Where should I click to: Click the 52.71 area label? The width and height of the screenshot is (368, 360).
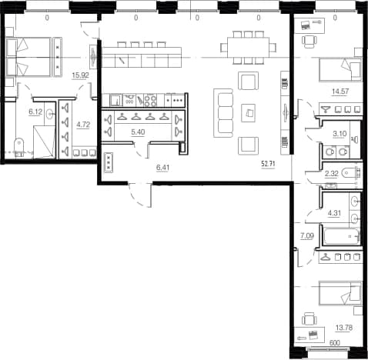268,164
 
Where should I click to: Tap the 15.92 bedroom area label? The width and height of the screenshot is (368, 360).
80,75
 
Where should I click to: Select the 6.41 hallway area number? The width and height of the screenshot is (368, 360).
162,168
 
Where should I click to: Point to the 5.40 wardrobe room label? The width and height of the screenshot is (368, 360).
138,132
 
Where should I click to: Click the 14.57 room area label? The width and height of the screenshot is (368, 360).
340,92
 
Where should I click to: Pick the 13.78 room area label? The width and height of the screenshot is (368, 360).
344,328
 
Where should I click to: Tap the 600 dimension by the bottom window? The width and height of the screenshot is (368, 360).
335,343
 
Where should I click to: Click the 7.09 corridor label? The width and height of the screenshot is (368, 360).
307,235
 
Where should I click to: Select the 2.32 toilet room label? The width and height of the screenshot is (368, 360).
332,174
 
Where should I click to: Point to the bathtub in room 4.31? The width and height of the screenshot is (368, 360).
342,237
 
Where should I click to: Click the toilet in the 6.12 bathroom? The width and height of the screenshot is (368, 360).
18,147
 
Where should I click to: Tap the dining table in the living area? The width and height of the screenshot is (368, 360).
248,48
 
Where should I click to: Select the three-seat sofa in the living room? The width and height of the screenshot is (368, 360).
223,113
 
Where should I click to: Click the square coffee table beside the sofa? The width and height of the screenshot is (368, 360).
249,113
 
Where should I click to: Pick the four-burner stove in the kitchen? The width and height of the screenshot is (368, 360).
150,100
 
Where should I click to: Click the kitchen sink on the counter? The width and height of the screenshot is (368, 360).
116,100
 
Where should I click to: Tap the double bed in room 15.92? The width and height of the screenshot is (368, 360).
28,57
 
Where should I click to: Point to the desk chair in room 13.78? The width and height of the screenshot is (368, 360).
309,319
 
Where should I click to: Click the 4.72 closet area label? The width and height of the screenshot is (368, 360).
83,125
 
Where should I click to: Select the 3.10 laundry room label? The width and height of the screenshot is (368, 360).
340,134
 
